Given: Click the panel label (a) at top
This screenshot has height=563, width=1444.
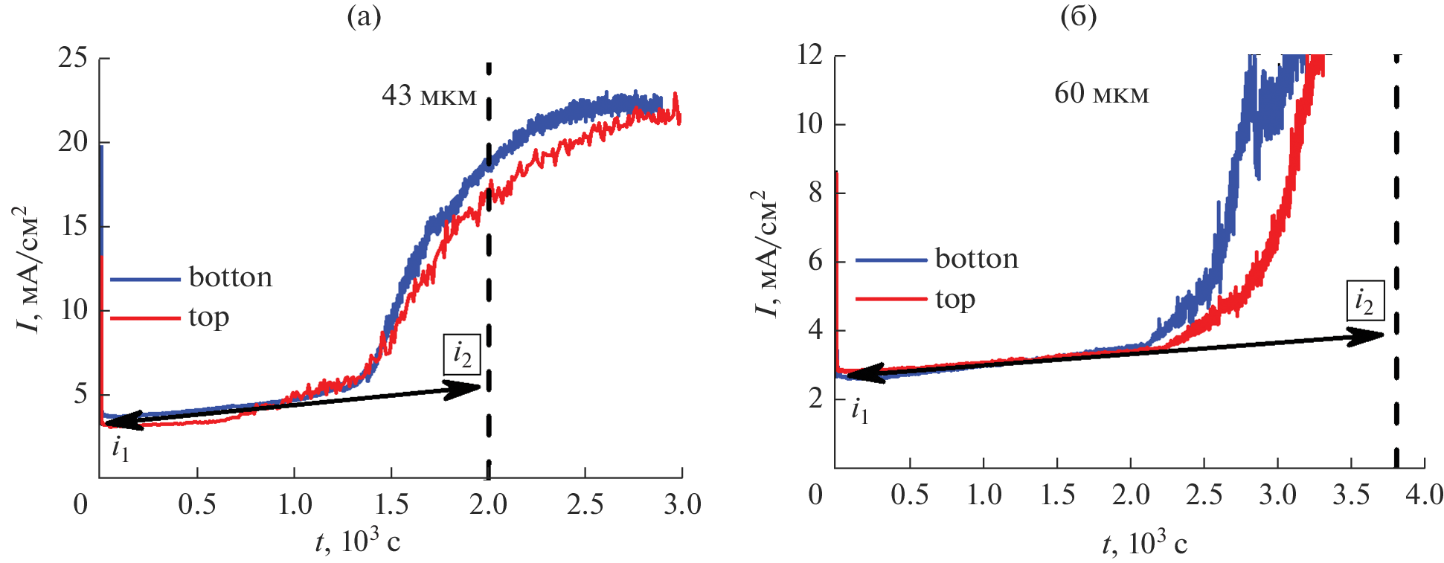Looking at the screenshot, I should click(364, 16).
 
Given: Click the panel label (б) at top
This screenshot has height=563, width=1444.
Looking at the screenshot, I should click(1078, 16).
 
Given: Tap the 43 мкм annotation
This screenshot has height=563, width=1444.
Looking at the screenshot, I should click(429, 96).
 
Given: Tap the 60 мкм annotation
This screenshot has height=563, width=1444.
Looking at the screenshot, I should click(1101, 94).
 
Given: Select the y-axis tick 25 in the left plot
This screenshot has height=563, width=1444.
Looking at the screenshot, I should click(73, 58).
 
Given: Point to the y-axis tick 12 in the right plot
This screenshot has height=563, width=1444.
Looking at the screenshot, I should click(810, 55).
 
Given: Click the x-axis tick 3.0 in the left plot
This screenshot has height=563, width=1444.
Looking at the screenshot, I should click(682, 505).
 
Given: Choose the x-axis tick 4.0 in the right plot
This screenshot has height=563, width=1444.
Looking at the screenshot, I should click(1424, 495).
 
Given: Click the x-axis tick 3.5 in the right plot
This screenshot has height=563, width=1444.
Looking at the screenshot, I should click(1350, 495).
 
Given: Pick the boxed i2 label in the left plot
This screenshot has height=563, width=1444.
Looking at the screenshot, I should click(462, 355).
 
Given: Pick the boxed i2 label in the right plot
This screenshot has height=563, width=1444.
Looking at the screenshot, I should click(1364, 300).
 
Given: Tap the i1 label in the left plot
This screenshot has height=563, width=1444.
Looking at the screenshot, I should click(121, 448).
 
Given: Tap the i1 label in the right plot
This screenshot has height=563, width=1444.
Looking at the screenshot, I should click(859, 410).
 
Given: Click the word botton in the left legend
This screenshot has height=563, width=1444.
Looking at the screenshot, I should click(231, 277).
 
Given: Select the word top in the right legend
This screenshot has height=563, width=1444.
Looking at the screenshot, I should click(955, 299).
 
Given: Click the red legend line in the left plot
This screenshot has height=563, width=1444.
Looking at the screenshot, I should click(145, 318).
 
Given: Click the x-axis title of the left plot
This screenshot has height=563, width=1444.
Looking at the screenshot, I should click(357, 541).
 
